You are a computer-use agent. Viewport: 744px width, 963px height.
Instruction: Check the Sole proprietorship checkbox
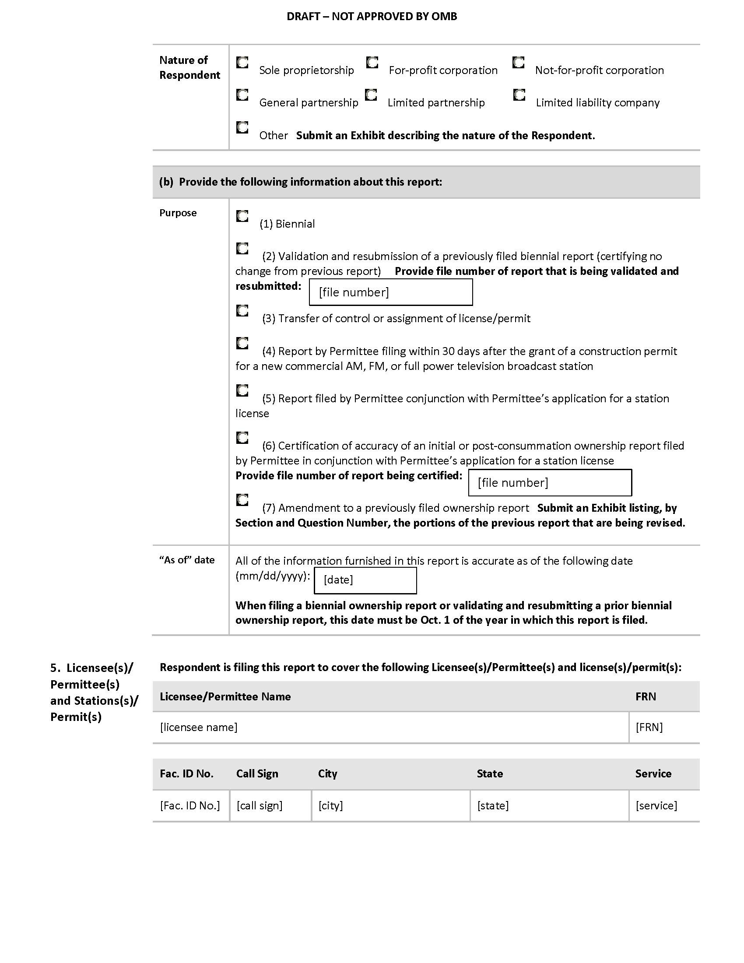tap(242, 63)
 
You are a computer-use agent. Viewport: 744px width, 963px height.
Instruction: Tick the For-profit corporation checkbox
tap(372, 63)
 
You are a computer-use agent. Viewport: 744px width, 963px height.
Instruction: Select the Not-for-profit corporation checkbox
tap(518, 63)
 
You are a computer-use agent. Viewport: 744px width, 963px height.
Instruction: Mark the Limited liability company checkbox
tap(519, 95)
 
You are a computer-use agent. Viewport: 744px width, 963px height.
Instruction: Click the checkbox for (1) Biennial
tap(242, 216)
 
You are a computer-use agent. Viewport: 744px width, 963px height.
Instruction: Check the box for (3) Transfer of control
tap(242, 311)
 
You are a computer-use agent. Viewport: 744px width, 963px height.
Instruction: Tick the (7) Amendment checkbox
tap(242, 500)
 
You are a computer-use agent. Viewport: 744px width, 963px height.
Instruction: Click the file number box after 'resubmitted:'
tap(390, 292)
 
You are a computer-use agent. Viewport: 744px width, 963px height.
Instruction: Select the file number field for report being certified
tap(550, 483)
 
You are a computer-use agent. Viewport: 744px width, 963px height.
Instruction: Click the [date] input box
tap(365, 580)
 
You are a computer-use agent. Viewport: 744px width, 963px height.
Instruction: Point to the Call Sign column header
tap(257, 774)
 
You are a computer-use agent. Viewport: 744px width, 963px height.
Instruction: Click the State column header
tap(490, 774)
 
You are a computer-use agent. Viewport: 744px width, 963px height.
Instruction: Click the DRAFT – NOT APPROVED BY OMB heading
tap(372, 17)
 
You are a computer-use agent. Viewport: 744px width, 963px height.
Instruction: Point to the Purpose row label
tap(178, 213)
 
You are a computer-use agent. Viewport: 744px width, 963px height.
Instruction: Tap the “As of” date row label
tap(187, 560)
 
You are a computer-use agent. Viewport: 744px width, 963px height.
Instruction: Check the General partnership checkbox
tap(242, 95)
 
